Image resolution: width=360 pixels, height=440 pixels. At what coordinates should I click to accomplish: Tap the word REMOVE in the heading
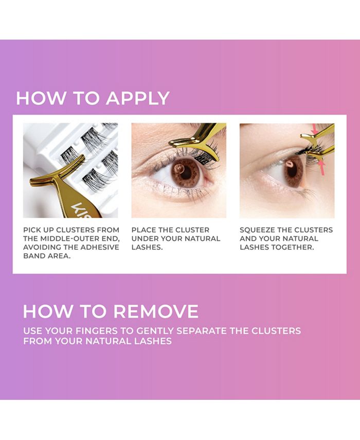tap(155, 311)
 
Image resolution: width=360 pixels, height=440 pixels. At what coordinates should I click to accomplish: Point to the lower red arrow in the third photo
tap(321, 167)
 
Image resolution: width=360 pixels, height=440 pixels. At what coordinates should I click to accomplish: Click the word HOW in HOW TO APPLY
tap(35, 98)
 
